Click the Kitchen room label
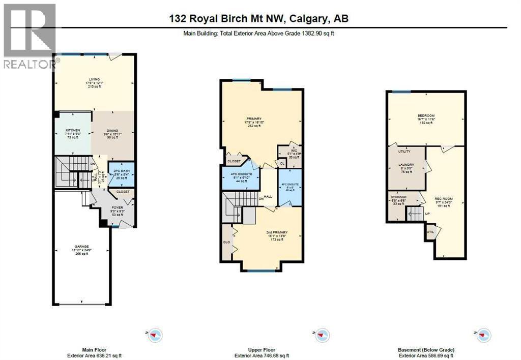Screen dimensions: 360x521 coord(73,131)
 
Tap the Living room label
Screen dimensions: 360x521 coord(94,79)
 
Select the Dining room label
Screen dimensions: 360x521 coord(112,131)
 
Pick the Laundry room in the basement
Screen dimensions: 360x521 coord(406,165)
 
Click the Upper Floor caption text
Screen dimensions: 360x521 coord(260,349)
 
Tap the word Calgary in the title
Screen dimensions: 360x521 coord(308,19)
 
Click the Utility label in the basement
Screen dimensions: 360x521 coord(404,152)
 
